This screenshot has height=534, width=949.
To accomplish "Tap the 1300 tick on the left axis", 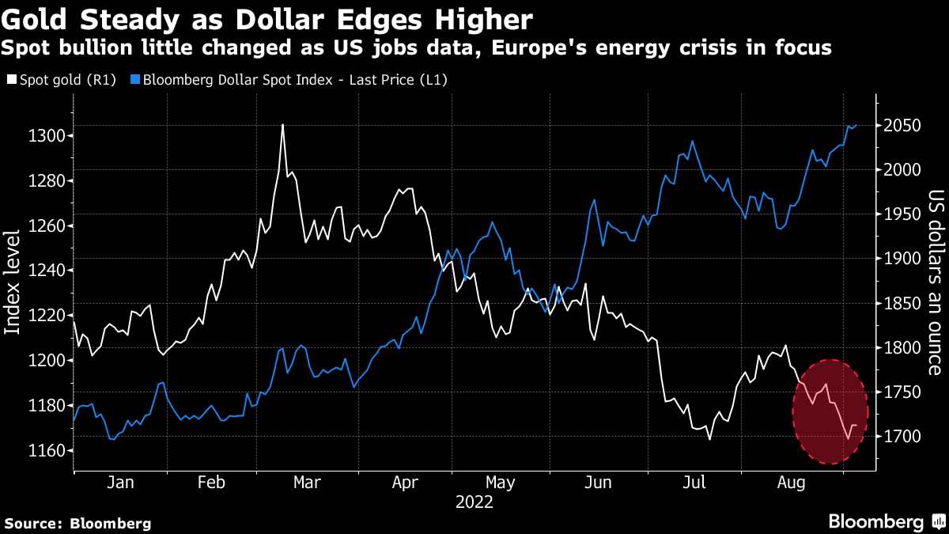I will [49, 136].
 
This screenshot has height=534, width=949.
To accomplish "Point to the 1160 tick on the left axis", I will [49, 451].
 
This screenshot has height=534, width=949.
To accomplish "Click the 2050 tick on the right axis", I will [901, 126].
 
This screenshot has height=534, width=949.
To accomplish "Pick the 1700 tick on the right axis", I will [901, 437].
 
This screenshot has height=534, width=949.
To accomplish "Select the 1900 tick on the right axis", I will [901, 259].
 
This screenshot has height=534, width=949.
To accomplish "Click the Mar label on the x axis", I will [306, 483].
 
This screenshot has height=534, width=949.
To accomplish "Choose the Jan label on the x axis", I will [119, 483].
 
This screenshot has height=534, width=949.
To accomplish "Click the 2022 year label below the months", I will [475, 502].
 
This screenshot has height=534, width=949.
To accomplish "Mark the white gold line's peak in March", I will [282, 125].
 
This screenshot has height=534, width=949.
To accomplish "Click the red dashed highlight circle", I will [830, 411].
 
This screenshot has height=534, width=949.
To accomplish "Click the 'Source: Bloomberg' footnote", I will [78, 523].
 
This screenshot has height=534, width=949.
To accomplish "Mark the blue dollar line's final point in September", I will [856, 124].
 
